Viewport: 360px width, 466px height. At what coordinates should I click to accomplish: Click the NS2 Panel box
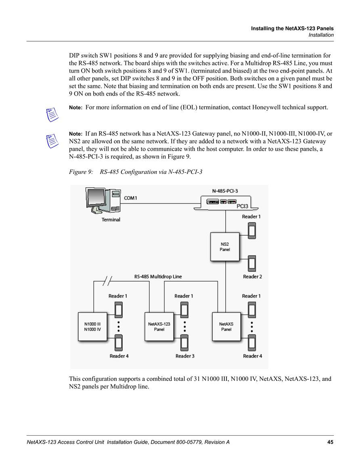coord(225,247)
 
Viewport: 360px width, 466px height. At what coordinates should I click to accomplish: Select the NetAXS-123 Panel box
coord(159,327)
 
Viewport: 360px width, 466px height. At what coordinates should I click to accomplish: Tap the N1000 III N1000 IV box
coord(92,327)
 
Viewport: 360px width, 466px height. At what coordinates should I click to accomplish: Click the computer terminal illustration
coord(103,201)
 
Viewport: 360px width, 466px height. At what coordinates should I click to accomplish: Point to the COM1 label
coord(130,198)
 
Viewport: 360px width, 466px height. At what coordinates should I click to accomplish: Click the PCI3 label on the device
coord(242,206)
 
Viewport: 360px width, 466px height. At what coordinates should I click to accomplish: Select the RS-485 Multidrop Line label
coord(158,276)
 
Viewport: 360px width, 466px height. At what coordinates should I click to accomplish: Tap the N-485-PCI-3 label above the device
coord(225,191)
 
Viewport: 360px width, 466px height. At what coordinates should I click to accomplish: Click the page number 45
coord(330,442)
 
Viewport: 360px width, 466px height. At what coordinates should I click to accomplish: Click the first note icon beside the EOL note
coord(52,115)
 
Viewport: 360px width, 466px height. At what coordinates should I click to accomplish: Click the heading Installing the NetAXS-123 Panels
coord(292,29)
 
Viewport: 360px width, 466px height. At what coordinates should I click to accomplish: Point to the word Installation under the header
coord(321,35)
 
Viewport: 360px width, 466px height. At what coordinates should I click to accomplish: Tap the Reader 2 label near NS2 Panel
coord(252,276)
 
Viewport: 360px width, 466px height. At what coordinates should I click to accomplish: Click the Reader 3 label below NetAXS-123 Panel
coord(185,356)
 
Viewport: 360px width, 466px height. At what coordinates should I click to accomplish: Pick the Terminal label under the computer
coord(111,219)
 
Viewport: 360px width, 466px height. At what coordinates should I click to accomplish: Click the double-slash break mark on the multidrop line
coord(107,281)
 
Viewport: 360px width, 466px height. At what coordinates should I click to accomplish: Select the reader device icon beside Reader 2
coord(252,263)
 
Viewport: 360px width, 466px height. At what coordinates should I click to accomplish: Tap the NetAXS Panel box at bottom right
coord(226,327)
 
